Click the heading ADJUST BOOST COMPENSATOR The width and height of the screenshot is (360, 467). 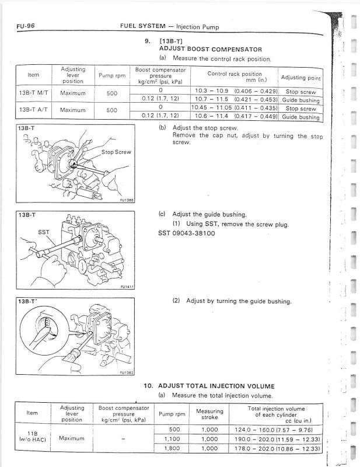(210, 50)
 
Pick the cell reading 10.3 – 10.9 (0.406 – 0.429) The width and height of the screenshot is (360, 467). (236, 91)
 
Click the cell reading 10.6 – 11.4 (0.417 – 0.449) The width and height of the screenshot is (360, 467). (236, 116)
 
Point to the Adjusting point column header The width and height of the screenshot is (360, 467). (300, 78)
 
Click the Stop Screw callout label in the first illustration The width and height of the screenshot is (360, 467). (116, 152)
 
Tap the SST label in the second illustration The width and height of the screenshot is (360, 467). (44, 232)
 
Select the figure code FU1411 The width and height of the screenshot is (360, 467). (127, 287)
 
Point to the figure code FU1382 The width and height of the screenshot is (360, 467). (127, 372)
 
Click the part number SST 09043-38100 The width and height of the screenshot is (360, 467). (187, 233)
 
